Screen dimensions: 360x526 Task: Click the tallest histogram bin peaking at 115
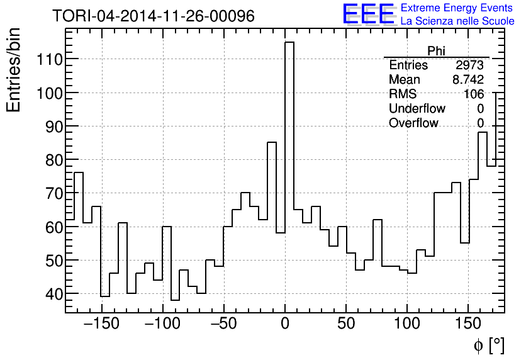click(289, 126)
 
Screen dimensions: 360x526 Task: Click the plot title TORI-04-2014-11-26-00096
click(154, 16)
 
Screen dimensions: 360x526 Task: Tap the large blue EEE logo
click(368, 14)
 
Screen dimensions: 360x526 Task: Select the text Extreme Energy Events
click(457, 8)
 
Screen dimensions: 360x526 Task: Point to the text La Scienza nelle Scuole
click(457, 21)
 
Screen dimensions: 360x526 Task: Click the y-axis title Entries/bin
click(14, 70)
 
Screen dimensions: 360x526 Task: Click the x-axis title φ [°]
click(489, 345)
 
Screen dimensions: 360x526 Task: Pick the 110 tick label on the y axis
click(48, 59)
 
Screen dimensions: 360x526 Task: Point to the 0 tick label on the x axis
click(285, 324)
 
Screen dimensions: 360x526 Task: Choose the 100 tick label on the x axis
click(407, 324)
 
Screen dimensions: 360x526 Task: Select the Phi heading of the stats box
click(436, 51)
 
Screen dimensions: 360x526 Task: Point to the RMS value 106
click(473, 94)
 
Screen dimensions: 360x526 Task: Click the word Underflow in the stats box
click(417, 109)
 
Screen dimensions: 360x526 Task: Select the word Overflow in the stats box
click(413, 123)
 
